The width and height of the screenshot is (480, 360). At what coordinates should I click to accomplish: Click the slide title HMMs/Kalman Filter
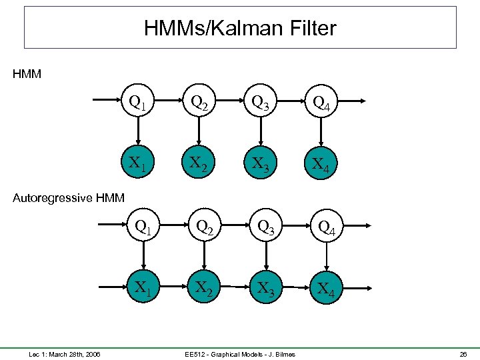240,28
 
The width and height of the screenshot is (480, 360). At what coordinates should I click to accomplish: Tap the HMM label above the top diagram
27,74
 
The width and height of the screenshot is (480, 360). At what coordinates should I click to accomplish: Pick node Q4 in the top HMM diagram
321,101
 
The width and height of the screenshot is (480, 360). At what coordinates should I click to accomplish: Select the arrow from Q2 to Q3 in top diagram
230,101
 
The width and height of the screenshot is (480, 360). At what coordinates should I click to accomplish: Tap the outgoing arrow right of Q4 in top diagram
353,101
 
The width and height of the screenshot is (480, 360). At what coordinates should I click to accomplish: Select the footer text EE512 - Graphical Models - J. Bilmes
240,354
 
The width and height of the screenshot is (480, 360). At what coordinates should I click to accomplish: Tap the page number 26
463,354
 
